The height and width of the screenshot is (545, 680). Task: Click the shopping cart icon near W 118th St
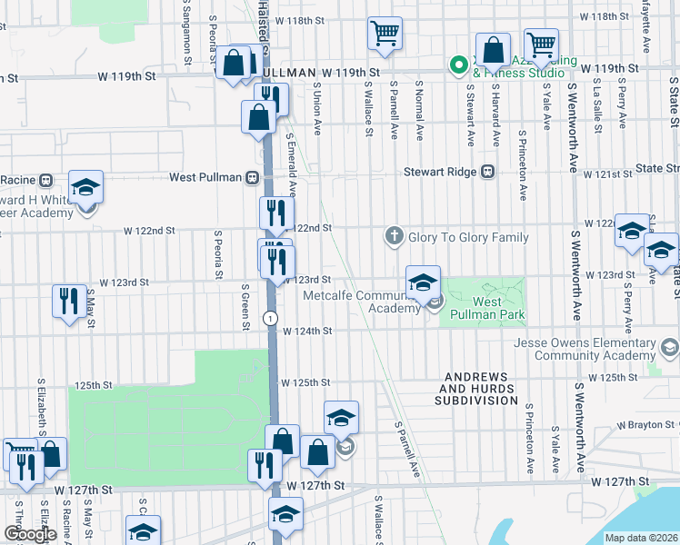point(385,34)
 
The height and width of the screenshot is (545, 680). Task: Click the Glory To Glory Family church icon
point(394,237)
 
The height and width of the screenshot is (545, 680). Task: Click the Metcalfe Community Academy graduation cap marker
point(423,283)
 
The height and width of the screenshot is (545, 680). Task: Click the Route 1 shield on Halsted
point(270,318)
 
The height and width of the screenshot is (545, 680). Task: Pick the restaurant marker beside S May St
point(69,301)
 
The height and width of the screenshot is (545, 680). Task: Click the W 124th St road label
point(305,332)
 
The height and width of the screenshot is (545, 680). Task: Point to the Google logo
point(29,534)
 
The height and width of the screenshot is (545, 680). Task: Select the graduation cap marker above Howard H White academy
point(86,188)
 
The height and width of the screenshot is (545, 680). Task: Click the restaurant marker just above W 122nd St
point(275,214)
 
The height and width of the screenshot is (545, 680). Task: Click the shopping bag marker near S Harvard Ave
point(492,51)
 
